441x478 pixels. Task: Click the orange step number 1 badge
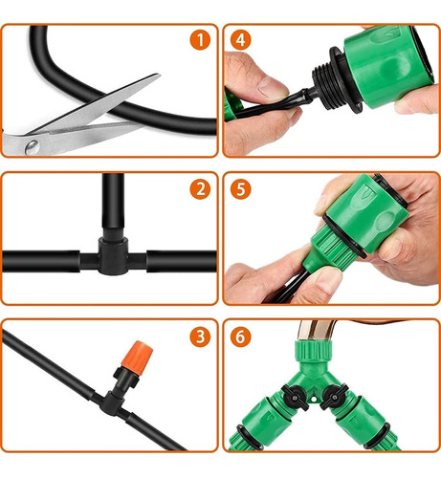click(x=200, y=40)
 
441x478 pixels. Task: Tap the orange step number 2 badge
click(x=200, y=189)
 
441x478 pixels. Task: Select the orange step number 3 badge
click(x=200, y=337)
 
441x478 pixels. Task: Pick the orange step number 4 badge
click(x=241, y=40)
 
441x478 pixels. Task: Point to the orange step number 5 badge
click(x=241, y=189)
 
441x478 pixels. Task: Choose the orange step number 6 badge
click(x=241, y=337)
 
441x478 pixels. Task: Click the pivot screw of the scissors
click(x=33, y=147)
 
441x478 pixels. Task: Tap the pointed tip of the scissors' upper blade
click(x=159, y=75)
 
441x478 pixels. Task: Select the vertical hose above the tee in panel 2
click(x=113, y=201)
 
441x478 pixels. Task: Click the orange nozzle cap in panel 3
click(x=137, y=355)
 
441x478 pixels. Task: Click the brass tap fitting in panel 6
click(x=316, y=331)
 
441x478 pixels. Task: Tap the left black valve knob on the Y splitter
click(x=295, y=397)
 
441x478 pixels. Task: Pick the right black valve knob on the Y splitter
click(x=334, y=397)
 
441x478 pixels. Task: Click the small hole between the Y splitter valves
click(x=314, y=399)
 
